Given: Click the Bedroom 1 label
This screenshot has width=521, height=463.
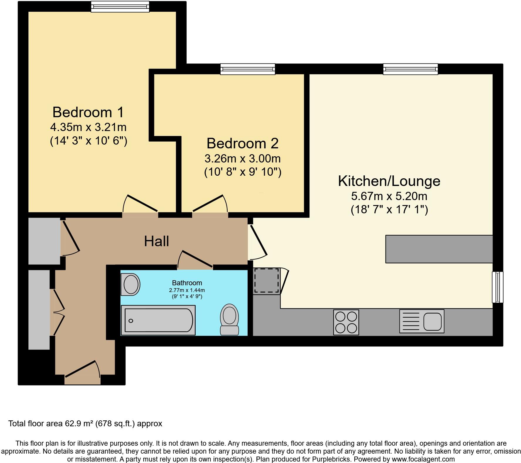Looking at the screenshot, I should [88, 112].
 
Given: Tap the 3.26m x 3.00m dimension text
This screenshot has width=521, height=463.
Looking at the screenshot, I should [242, 159].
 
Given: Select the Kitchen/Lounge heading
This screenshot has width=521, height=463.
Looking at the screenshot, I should [389, 181].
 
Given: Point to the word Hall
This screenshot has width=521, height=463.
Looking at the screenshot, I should [156, 241].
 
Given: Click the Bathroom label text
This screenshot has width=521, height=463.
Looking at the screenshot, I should [187, 283].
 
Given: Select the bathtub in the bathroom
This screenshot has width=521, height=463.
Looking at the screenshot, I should [158, 320].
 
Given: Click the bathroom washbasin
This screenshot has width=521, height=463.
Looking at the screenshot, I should [130, 284].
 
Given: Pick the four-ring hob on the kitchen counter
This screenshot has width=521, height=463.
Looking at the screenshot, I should [346, 322].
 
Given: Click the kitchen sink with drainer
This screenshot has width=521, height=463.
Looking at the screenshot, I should [422, 321].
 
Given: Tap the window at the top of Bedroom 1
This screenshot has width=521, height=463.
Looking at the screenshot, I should [120, 6].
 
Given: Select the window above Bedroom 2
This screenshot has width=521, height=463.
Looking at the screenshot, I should [248, 69].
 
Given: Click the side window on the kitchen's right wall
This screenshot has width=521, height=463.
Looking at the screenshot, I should [498, 287].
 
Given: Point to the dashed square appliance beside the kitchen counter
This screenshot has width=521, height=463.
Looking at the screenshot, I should [267, 280].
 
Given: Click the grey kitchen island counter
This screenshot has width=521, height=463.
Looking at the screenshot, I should [439, 249].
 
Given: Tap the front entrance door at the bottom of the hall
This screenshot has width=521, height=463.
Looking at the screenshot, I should [82, 373].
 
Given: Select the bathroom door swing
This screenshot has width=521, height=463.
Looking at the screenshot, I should [195, 259].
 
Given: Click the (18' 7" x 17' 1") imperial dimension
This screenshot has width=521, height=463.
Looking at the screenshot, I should [389, 209].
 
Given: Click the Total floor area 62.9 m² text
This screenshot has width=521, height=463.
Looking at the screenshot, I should [85, 423].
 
